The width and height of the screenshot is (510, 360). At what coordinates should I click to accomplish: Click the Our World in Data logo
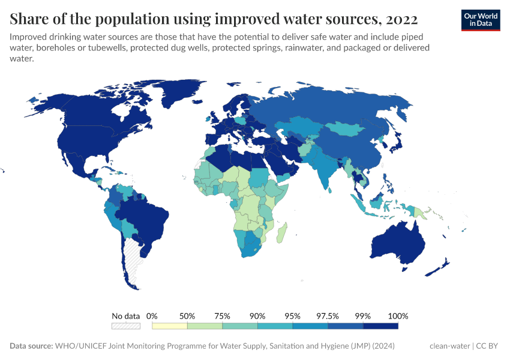pyautogui.click(x=481, y=19)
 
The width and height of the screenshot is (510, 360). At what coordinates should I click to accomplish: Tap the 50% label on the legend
pyautogui.click(x=187, y=316)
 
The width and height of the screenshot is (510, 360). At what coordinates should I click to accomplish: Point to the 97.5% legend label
pyautogui.click(x=328, y=316)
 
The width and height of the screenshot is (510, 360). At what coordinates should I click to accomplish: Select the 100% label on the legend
pyautogui.click(x=398, y=316)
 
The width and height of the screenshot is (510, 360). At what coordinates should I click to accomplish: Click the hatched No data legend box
pyautogui.click(x=126, y=326)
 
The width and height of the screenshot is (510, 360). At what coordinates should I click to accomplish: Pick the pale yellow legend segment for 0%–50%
pyautogui.click(x=170, y=326)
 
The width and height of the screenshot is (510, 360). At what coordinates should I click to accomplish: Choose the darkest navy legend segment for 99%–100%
pyautogui.click(x=381, y=326)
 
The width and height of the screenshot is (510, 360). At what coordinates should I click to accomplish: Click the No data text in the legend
pyautogui.click(x=126, y=316)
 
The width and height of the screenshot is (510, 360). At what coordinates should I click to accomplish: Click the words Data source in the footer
pyautogui.click(x=31, y=346)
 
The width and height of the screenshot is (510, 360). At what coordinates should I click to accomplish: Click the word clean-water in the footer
pyautogui.click(x=450, y=346)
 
